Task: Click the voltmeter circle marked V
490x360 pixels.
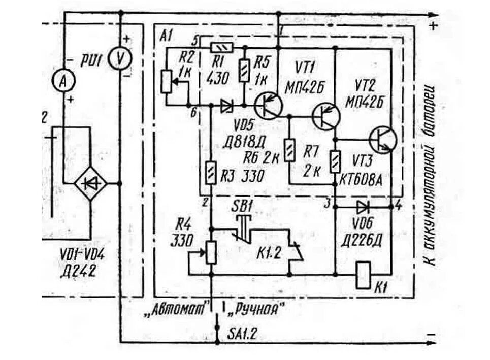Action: [x=120, y=59]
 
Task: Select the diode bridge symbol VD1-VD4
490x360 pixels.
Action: [x=90, y=184]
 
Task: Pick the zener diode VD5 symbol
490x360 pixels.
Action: [x=226, y=106]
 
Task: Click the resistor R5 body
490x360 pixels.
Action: [x=244, y=70]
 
